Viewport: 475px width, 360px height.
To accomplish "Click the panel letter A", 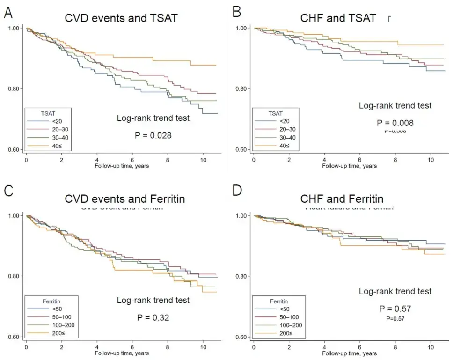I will [8, 13].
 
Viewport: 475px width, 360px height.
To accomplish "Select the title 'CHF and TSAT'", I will [338, 18].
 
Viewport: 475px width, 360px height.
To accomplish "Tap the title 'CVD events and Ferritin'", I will [124, 199].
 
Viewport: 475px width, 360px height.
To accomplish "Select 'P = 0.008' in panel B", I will [395, 123].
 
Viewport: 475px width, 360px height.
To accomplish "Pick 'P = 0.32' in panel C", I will [153, 317].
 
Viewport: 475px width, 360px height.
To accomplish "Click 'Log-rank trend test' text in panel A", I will [153, 118].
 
